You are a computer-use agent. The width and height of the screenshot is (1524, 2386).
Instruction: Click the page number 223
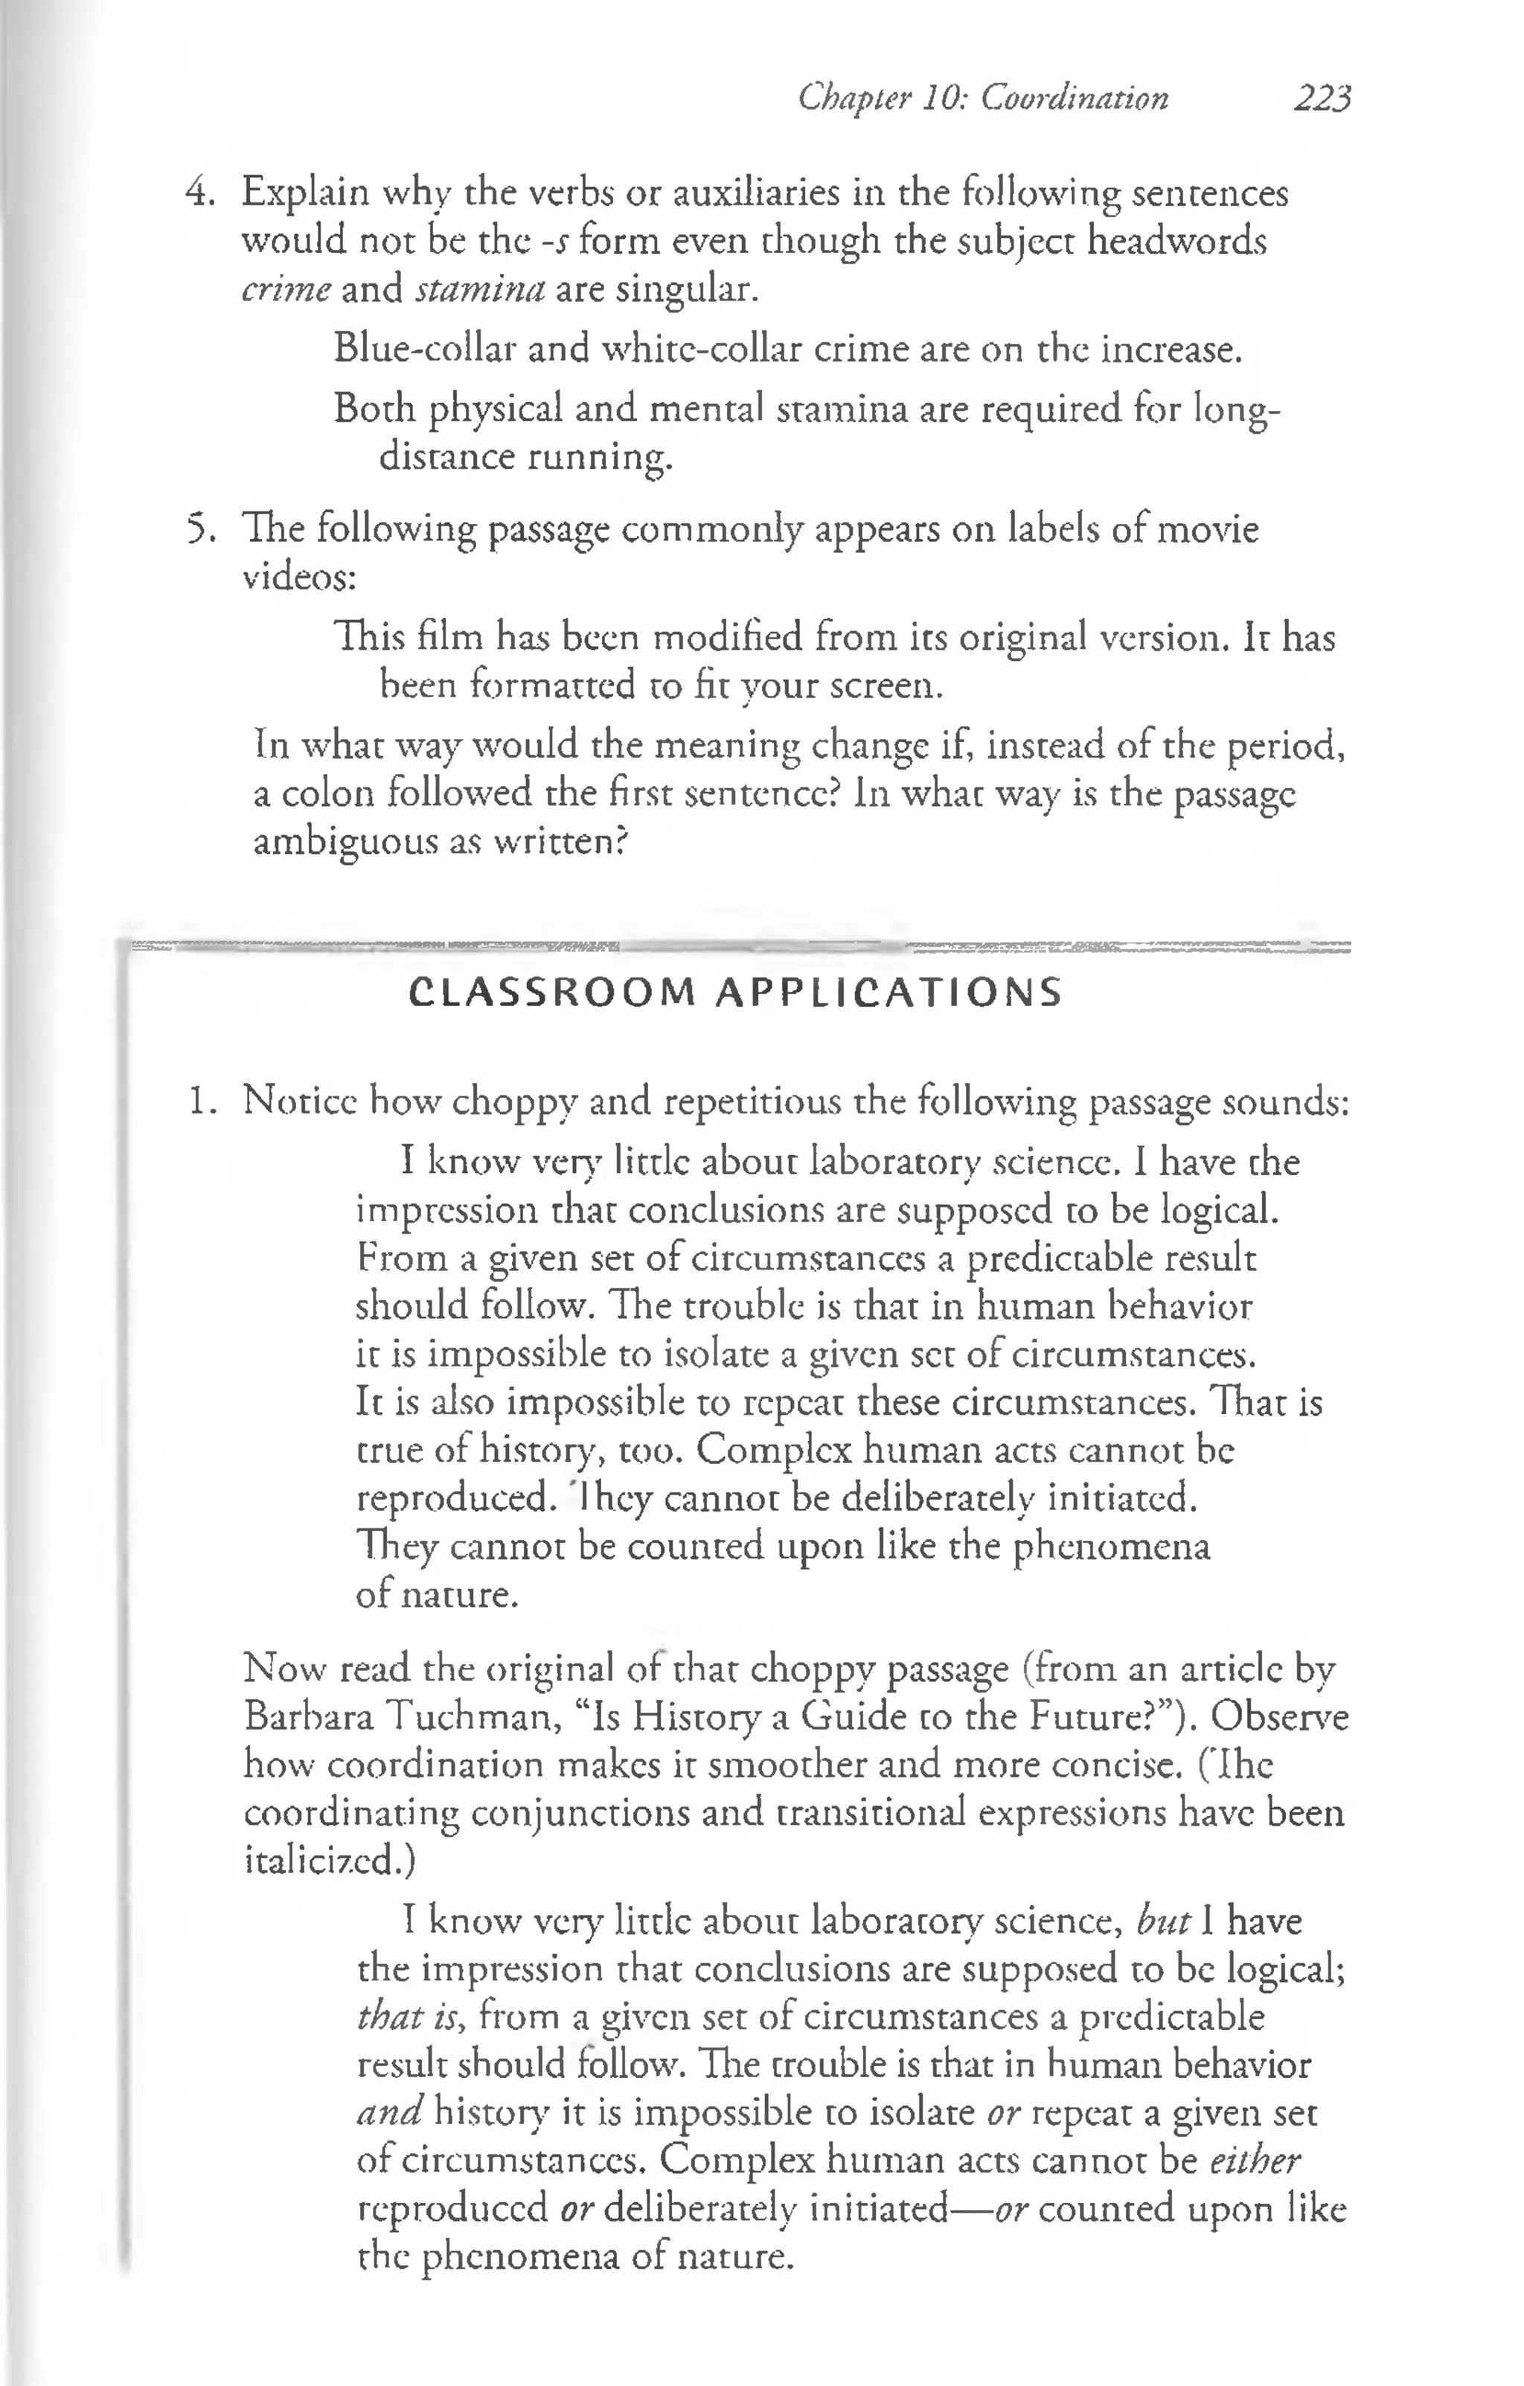coord(1322,98)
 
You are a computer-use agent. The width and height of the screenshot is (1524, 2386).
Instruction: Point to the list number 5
coord(201,529)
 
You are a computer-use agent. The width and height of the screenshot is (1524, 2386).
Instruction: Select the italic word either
coord(1255,2160)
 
